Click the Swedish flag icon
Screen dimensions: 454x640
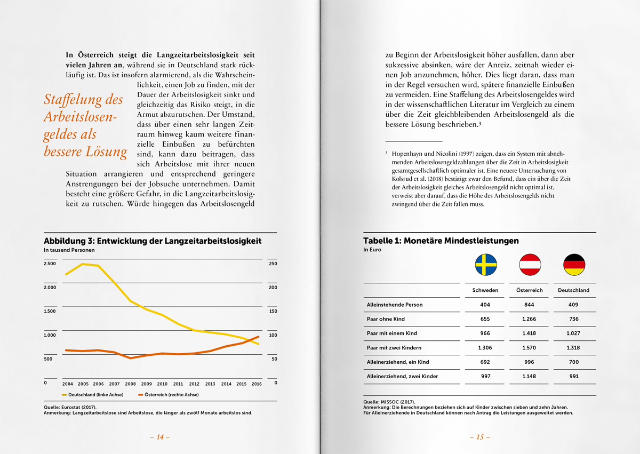486,265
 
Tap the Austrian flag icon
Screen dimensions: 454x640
530,265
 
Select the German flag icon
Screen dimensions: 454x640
574,265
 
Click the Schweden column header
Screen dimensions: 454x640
485,290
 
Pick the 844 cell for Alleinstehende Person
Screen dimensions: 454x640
530,305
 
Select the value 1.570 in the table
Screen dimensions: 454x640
530,348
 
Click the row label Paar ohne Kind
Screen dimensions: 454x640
386,319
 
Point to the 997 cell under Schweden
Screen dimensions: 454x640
485,377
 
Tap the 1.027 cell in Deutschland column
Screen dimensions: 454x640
574,333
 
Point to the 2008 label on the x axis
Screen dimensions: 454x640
131,384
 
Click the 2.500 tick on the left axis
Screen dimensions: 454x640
50,264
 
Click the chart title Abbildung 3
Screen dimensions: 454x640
153,241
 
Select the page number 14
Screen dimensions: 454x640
159,437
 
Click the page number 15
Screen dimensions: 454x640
479,437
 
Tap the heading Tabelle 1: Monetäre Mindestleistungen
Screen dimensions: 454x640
441,241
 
